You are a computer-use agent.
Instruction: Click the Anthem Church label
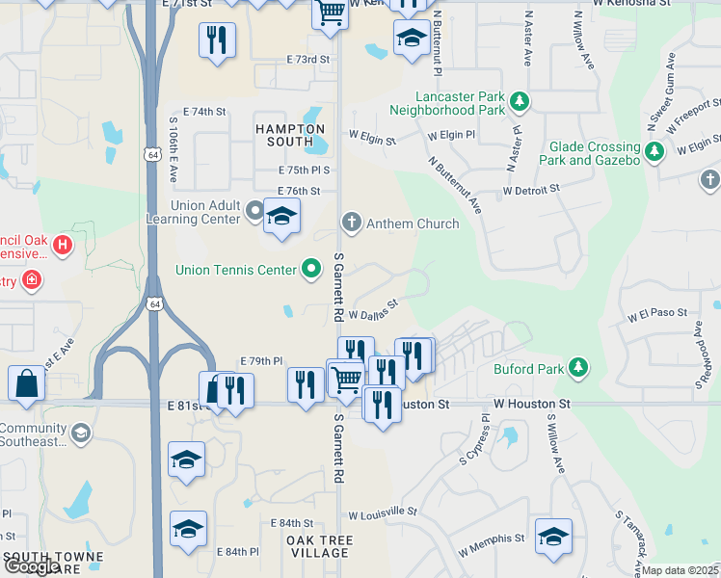[414, 223]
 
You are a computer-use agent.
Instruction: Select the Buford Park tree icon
[578, 367]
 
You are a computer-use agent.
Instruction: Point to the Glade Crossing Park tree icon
[654, 151]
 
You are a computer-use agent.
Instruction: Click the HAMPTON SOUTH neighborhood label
[290, 135]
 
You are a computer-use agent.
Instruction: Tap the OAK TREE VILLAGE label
[319, 546]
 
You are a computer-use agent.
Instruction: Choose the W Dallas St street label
[373, 312]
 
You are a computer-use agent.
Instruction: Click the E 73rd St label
[307, 60]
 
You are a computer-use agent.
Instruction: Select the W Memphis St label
[492, 546]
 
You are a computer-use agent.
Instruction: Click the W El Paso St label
[656, 314]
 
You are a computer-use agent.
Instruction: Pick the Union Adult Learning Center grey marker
[254, 209]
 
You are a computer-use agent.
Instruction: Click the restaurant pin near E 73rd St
[217, 40]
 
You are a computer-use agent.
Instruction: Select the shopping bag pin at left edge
[26, 382]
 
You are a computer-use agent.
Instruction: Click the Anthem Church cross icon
[352, 223]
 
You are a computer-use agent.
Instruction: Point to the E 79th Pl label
[262, 361]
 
